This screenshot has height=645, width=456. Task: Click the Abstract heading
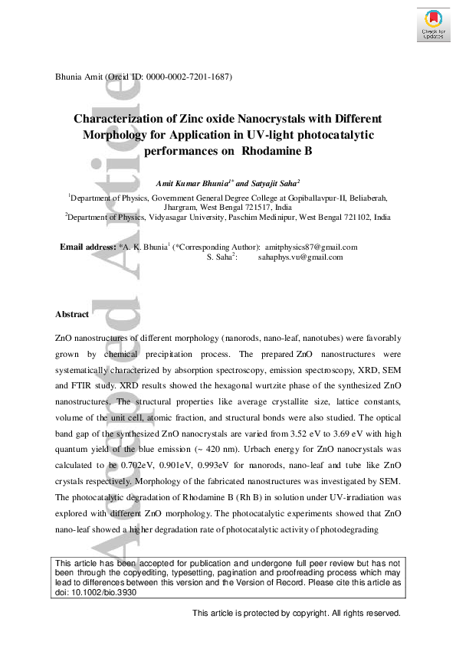pyautogui.click(x=72, y=314)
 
